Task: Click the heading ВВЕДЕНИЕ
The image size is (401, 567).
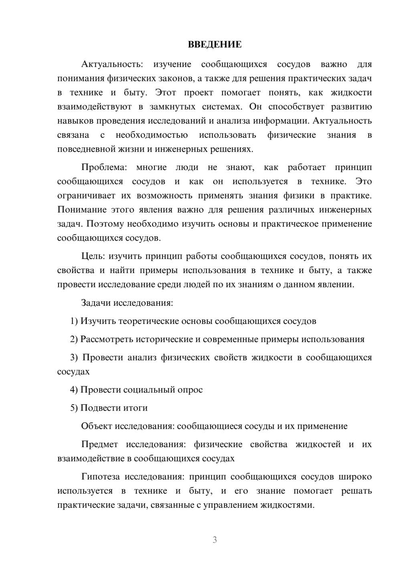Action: tap(215, 45)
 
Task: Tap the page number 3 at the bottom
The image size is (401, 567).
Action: tap(215, 540)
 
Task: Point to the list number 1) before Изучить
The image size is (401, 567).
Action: tap(74, 321)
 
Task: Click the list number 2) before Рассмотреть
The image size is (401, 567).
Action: tap(74, 339)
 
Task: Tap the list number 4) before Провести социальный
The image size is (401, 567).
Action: tap(74, 390)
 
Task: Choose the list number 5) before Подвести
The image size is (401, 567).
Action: tap(74, 408)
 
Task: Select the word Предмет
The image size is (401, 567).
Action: tap(99, 444)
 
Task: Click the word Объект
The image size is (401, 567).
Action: tap(97, 426)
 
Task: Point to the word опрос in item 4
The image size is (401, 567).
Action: tap(190, 390)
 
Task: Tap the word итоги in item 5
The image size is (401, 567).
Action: tap(135, 408)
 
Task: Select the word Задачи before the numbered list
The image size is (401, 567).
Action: tap(96, 303)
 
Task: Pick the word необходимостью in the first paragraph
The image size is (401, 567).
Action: tap(152, 135)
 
